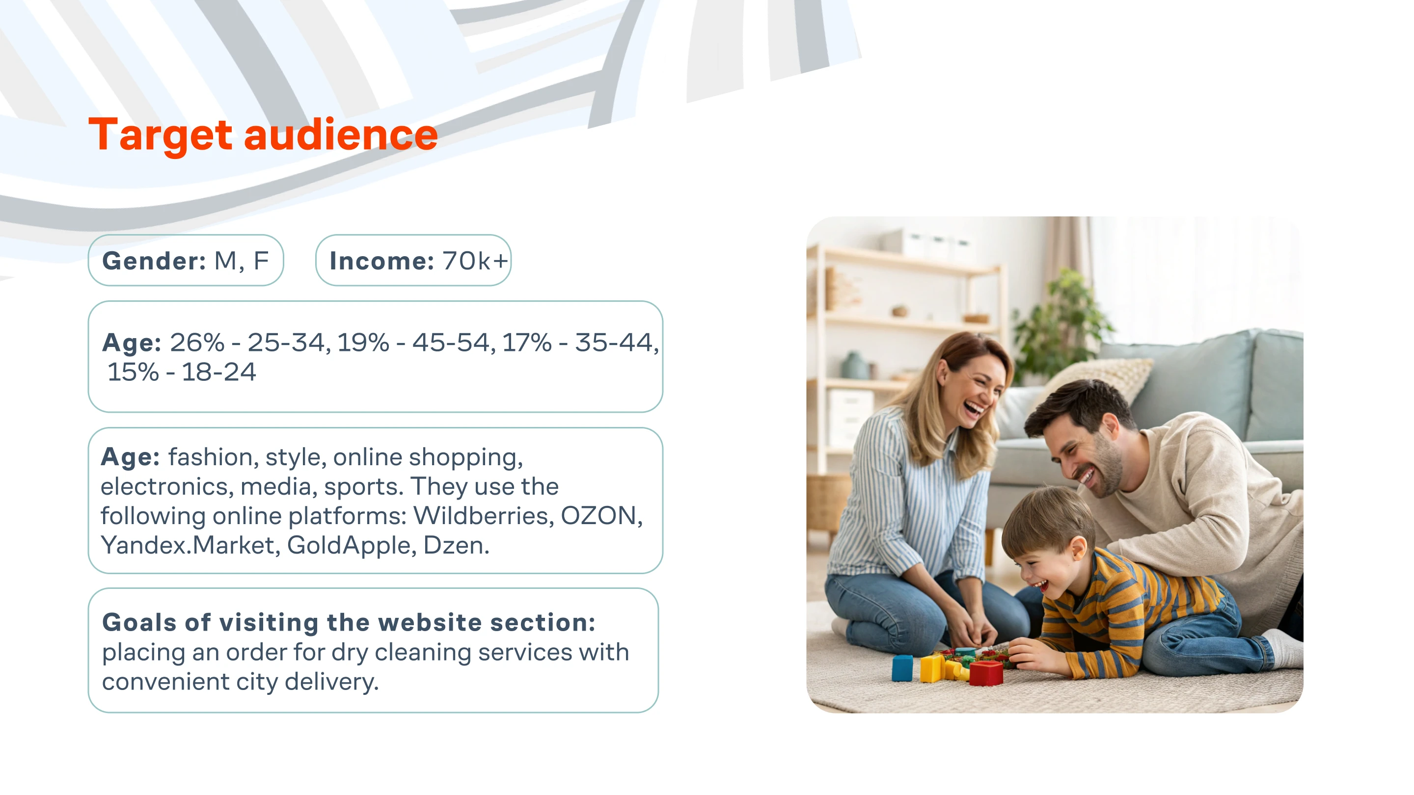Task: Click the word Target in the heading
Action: [x=160, y=135]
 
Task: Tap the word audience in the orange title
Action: [x=341, y=135]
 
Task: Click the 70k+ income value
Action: [x=475, y=261]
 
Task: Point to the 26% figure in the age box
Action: [x=197, y=343]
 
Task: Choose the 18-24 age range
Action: [x=219, y=372]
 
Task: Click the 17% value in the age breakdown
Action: [x=527, y=343]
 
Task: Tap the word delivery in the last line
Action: [x=331, y=682]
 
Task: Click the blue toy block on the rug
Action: [x=902, y=668]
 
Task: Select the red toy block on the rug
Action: [x=986, y=673]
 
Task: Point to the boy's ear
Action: [x=1078, y=547]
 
